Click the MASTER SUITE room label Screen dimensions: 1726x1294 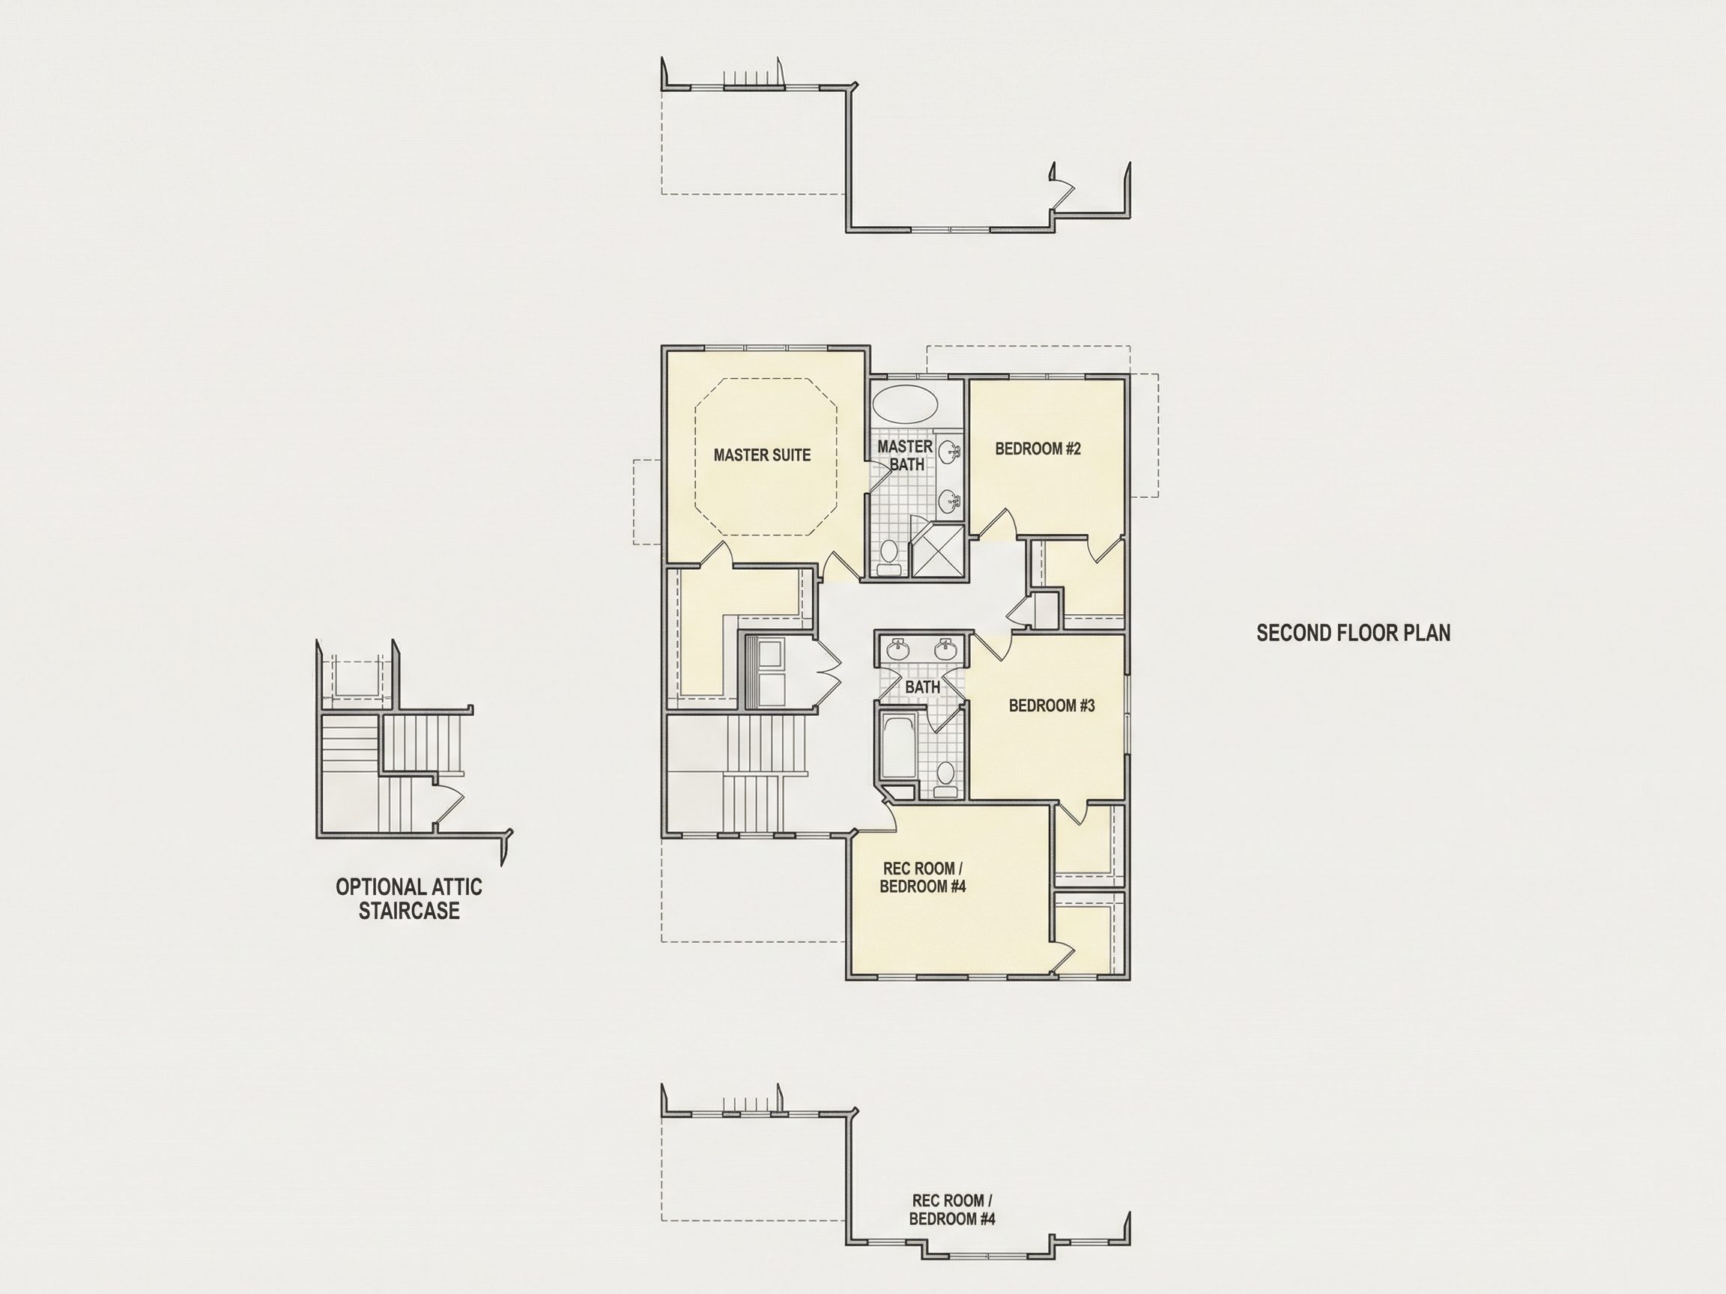pos(762,455)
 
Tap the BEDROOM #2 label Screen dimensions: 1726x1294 pos(1038,449)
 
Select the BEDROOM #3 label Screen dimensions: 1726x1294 pos(1051,705)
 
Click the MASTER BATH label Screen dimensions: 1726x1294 pos(905,455)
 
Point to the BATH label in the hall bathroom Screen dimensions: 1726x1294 pos(922,687)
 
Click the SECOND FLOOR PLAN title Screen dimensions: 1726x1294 pos(1353,633)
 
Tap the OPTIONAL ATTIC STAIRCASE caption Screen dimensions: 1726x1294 pos(409,899)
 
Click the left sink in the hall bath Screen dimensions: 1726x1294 pos(898,648)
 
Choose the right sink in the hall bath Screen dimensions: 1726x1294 pos(946,648)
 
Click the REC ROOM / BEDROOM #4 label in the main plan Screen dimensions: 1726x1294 pos(922,878)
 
